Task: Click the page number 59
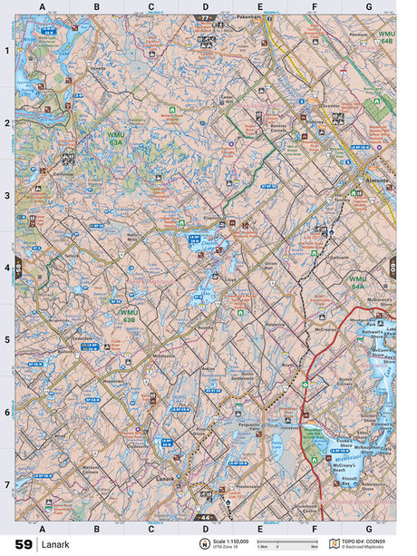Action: tap(23, 544)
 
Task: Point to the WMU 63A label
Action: tap(115, 137)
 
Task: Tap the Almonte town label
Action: tap(375, 181)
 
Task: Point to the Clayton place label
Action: tap(211, 217)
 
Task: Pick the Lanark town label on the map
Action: tap(164, 478)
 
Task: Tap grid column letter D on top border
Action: tap(206, 6)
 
